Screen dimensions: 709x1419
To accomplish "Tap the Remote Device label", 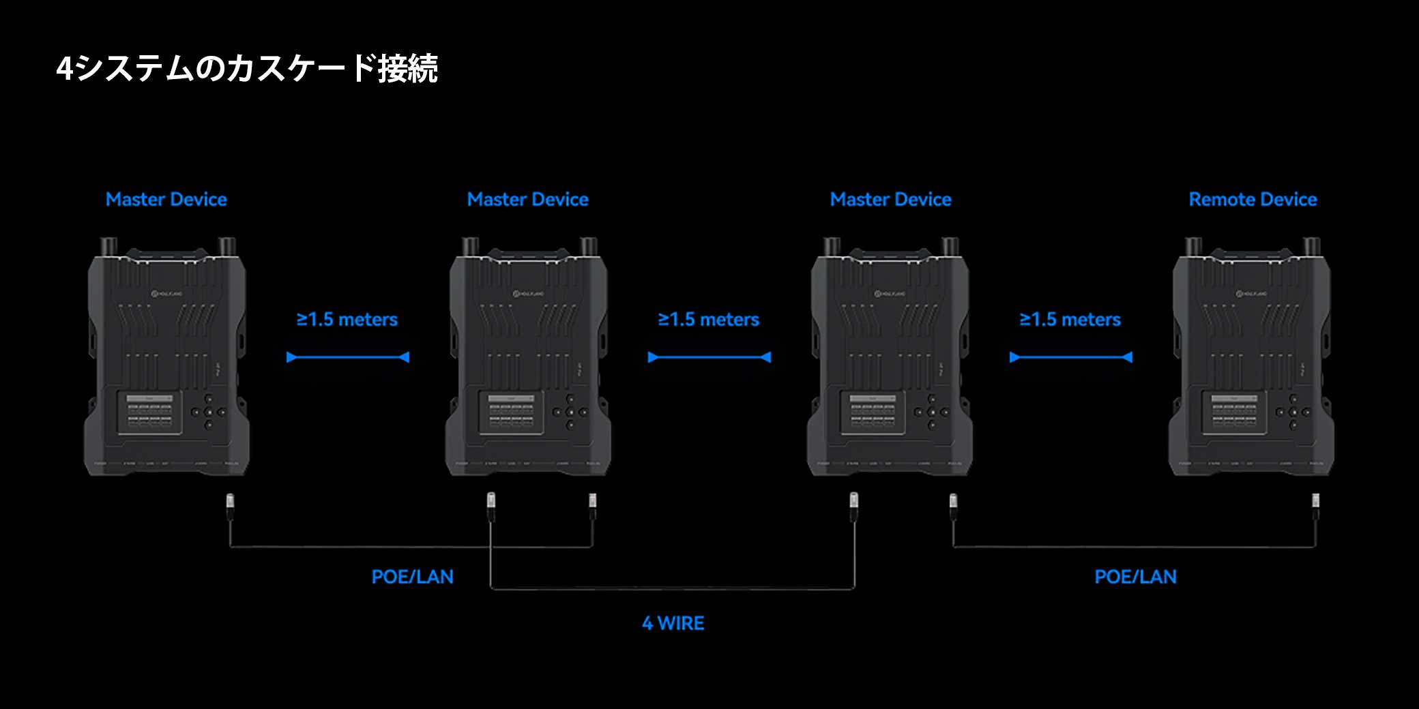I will (1253, 200).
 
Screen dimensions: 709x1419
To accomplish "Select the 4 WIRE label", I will (673, 623).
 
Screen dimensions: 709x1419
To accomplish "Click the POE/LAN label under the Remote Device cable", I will (1135, 577).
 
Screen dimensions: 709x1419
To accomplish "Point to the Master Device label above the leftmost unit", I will (166, 200).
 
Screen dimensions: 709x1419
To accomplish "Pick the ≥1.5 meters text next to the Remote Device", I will (1070, 320).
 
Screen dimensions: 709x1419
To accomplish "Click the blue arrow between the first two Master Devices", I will (348, 357).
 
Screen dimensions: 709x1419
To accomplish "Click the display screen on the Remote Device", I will (1234, 412).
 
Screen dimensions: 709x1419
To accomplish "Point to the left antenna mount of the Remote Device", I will (1193, 245).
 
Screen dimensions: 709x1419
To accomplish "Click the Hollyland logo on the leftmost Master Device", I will (166, 294).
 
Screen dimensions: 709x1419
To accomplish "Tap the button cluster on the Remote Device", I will (1293, 412).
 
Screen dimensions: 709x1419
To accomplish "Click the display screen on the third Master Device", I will (873, 412).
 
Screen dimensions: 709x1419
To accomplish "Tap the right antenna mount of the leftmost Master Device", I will (226, 245).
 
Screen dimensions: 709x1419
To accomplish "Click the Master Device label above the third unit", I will (890, 200).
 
